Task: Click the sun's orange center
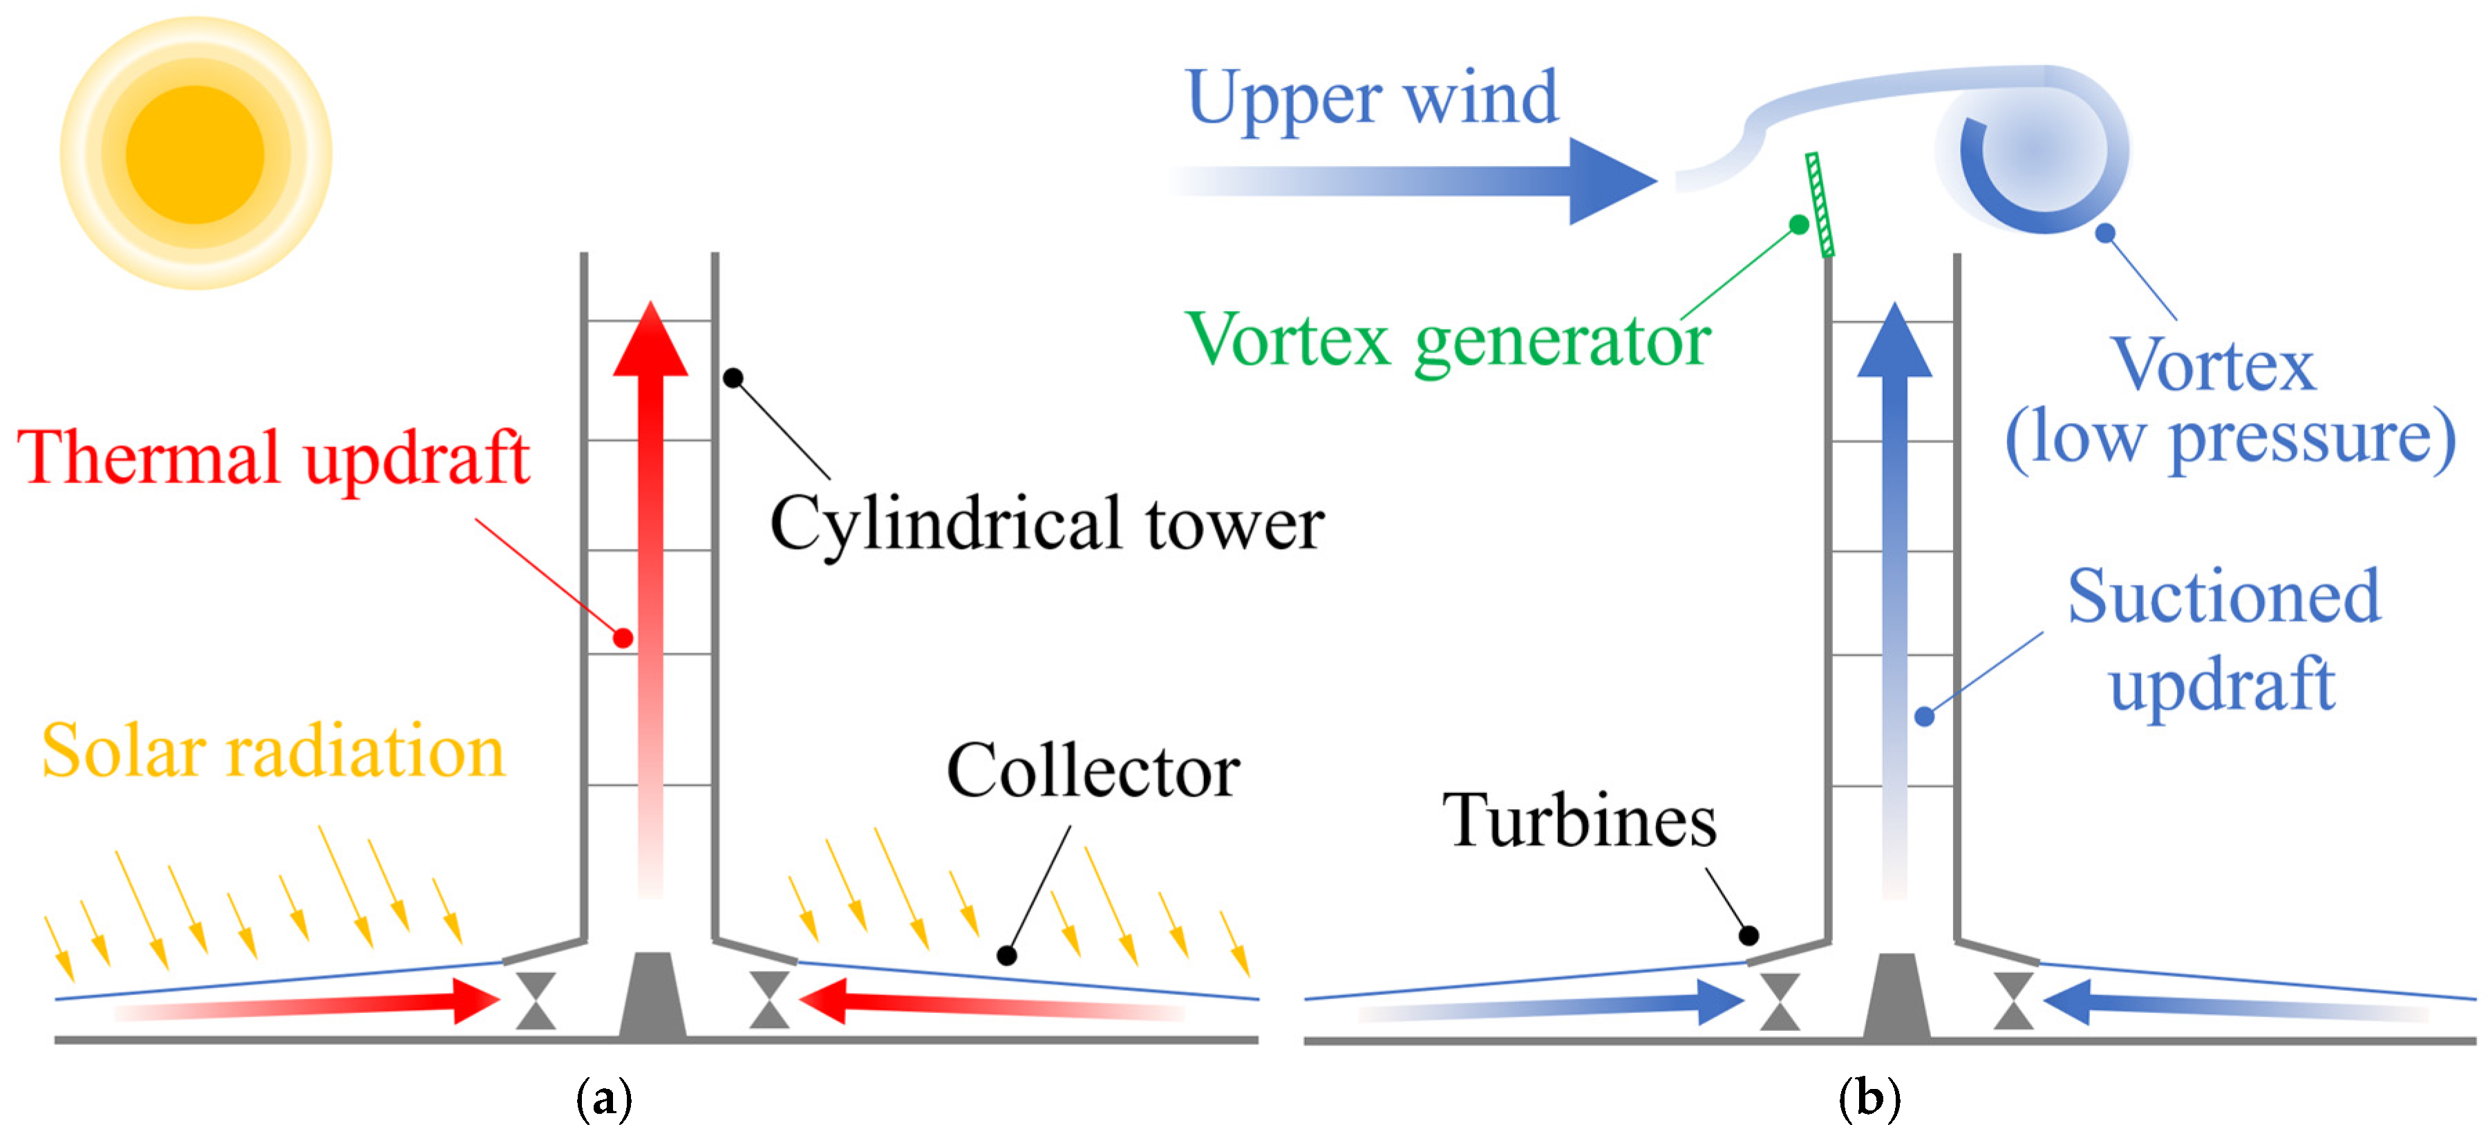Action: coord(195,153)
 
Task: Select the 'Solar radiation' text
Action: coord(273,752)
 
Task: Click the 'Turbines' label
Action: coord(1579,821)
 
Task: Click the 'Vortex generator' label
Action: coord(1449,341)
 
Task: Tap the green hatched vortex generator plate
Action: coord(1820,205)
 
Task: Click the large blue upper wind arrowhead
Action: coord(1608,180)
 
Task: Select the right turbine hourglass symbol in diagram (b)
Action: coord(2014,1000)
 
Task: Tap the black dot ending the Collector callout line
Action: coord(1006,956)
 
